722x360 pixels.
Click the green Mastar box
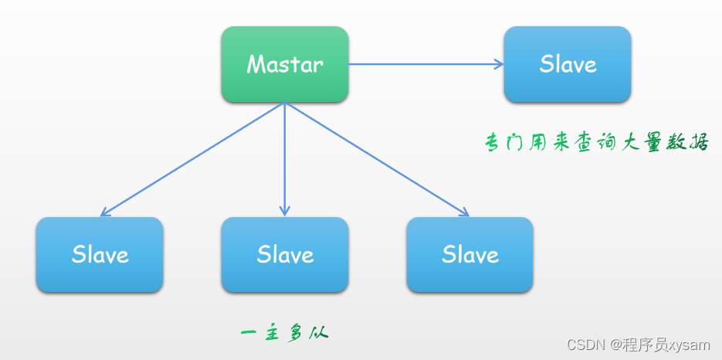click(x=284, y=64)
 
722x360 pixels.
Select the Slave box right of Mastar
click(x=568, y=64)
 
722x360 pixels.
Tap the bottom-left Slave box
click(x=100, y=254)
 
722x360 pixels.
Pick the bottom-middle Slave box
click(x=284, y=254)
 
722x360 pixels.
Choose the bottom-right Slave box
click(x=469, y=254)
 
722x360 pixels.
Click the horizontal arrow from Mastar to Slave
click(x=425, y=64)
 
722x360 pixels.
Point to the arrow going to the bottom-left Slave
click(x=193, y=159)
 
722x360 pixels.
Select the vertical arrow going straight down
click(x=284, y=158)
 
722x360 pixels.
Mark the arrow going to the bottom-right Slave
click(x=377, y=159)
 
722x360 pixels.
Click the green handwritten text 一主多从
click(x=284, y=334)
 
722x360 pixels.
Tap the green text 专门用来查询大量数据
click(x=596, y=142)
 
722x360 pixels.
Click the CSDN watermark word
click(x=586, y=345)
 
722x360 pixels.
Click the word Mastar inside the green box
click(x=284, y=64)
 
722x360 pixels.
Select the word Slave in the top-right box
click(x=568, y=64)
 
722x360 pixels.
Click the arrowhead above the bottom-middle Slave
click(x=284, y=211)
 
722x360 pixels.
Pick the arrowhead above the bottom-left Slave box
click(x=105, y=212)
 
